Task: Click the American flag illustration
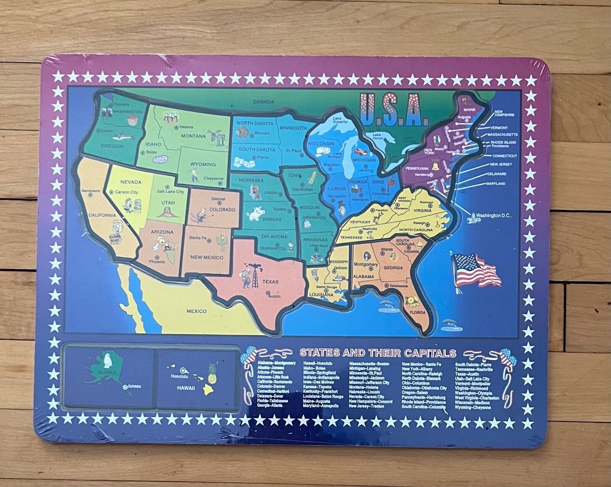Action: tap(475, 270)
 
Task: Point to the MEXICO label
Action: tap(196, 311)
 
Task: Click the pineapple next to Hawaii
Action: tap(212, 373)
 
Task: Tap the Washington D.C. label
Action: tap(493, 215)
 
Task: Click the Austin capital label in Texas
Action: tap(274, 296)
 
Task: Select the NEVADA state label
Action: tap(131, 182)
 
